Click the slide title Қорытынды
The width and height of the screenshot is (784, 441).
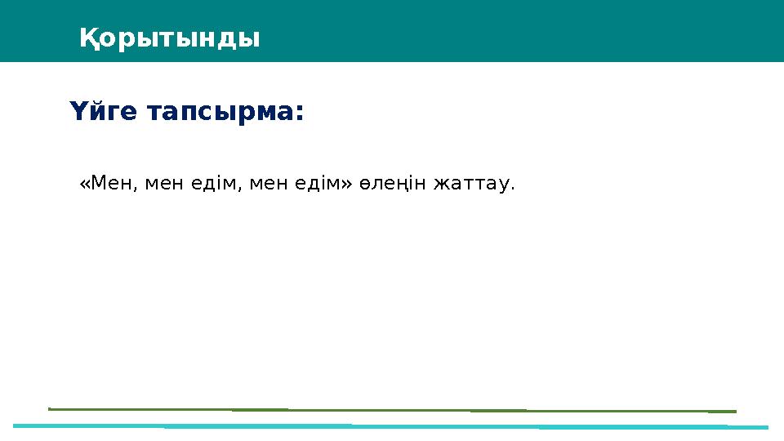coord(170,38)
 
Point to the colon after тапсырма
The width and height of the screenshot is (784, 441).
coord(298,114)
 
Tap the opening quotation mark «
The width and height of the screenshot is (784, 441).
coord(85,185)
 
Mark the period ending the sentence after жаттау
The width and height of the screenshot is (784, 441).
coord(513,189)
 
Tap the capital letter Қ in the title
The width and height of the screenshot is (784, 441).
coord(89,38)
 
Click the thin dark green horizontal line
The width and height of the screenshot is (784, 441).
coord(392,409)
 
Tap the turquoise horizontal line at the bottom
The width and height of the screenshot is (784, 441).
coord(392,426)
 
